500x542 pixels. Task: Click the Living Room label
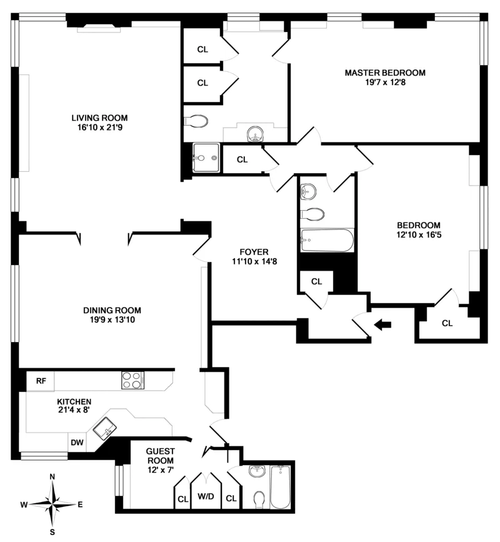click(x=99, y=118)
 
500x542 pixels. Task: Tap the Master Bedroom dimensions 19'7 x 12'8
click(x=385, y=83)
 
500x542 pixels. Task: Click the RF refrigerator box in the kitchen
click(x=41, y=380)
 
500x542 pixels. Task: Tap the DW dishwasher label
click(x=77, y=443)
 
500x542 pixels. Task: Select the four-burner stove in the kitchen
click(x=132, y=380)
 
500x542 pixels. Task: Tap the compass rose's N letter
click(x=52, y=476)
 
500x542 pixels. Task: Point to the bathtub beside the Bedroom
click(x=326, y=241)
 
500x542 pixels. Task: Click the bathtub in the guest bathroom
click(x=281, y=488)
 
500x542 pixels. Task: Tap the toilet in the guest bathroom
click(x=260, y=499)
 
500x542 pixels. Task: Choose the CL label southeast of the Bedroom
click(x=447, y=323)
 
